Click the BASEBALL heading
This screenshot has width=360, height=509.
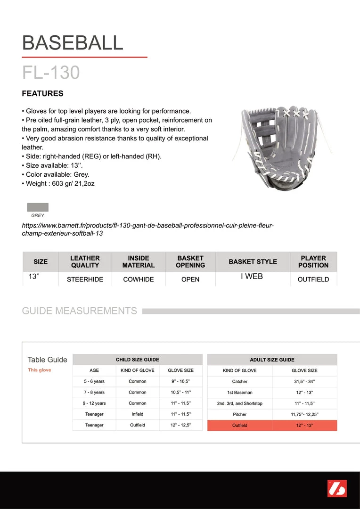pyautogui.click(x=73, y=43)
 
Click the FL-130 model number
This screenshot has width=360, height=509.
pyautogui.click(x=51, y=73)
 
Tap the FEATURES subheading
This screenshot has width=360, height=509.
pyautogui.click(x=42, y=93)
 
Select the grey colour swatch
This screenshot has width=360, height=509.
pyautogui.click(x=38, y=207)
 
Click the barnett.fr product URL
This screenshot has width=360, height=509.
pyautogui.click(x=147, y=230)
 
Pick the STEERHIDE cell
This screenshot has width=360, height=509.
pyautogui.click(x=85, y=279)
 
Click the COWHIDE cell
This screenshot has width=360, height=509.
pyautogui.click(x=139, y=279)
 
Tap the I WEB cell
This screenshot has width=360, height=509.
pyautogui.click(x=252, y=277)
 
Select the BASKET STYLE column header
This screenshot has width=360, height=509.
pyautogui.click(x=253, y=262)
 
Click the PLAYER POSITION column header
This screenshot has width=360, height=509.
pyautogui.click(x=313, y=262)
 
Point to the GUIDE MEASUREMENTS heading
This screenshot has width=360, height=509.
pyautogui.click(x=80, y=311)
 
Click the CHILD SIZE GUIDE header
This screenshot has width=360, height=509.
pyautogui.click(x=138, y=360)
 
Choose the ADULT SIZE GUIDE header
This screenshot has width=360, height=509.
pyautogui.click(x=272, y=360)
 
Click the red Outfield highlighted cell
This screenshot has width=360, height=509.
pyautogui.click(x=240, y=426)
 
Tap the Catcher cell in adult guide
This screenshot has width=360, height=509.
pyautogui.click(x=240, y=382)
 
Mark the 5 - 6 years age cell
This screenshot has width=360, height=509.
pyautogui.click(x=94, y=381)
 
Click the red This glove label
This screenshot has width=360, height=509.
pyautogui.click(x=40, y=370)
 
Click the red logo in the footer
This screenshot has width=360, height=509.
pyautogui.click(x=337, y=488)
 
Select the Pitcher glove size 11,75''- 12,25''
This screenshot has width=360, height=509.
pyautogui.click(x=304, y=415)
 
